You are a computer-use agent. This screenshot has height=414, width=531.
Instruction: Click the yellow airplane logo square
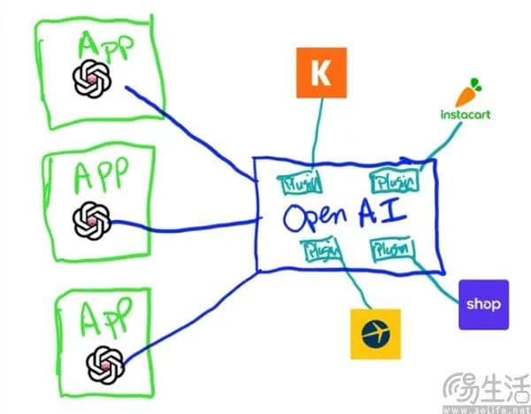point(375,333)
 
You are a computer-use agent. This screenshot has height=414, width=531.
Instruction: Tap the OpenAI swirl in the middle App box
point(93,217)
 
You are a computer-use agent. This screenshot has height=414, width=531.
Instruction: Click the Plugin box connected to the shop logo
point(390,250)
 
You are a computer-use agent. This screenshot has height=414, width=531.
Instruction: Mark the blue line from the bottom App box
point(195,318)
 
